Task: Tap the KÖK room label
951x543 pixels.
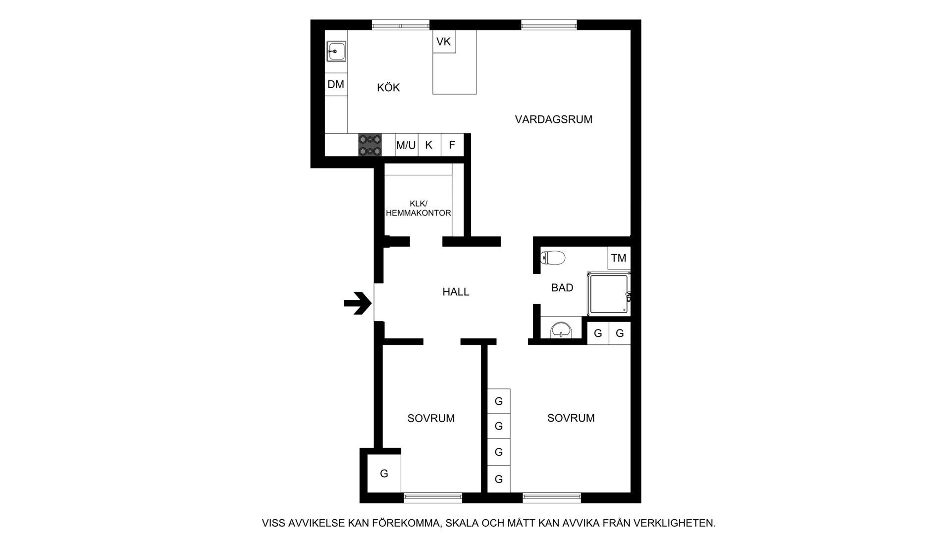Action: [x=388, y=88]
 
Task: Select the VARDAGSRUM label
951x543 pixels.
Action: [x=554, y=119]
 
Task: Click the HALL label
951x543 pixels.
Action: [x=456, y=292]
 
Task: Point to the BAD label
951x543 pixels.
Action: [x=562, y=288]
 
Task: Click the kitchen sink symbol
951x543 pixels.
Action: [x=336, y=51]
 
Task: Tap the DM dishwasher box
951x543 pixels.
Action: [x=336, y=85]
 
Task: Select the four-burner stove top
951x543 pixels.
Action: [x=370, y=145]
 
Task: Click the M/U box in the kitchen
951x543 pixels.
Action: [x=406, y=145]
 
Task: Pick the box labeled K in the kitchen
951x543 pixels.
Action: [x=429, y=145]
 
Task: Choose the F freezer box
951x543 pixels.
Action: [x=452, y=145]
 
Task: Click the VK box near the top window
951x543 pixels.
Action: [x=444, y=42]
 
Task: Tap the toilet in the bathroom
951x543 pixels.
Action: [x=553, y=258]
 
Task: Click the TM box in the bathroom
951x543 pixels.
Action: [x=619, y=258]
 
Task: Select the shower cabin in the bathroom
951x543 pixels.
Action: [x=609, y=294]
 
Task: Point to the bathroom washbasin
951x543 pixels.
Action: [x=561, y=329]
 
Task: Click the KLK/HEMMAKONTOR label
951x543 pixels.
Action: [x=419, y=209]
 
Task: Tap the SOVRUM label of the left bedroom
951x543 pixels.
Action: [x=431, y=419]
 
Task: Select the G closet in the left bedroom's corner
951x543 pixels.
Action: [x=384, y=474]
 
